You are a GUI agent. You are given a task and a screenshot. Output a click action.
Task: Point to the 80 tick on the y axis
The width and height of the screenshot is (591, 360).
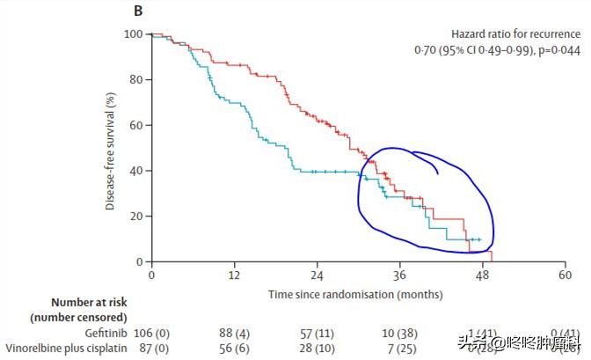tap(137, 79)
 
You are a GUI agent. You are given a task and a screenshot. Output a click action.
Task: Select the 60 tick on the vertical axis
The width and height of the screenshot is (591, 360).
tap(137, 125)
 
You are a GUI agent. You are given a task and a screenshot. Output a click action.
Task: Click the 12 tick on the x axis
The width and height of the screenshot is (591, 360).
tap(234, 276)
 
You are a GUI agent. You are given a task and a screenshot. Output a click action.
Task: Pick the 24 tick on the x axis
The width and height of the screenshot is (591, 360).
tap(317, 276)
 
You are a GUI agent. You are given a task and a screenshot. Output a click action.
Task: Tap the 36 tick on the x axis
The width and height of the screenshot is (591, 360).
tap(400, 276)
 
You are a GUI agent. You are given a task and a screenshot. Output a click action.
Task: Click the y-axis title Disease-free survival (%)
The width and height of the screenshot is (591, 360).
tap(112, 147)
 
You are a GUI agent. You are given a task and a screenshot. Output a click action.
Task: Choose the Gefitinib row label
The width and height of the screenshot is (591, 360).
tap(105, 332)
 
